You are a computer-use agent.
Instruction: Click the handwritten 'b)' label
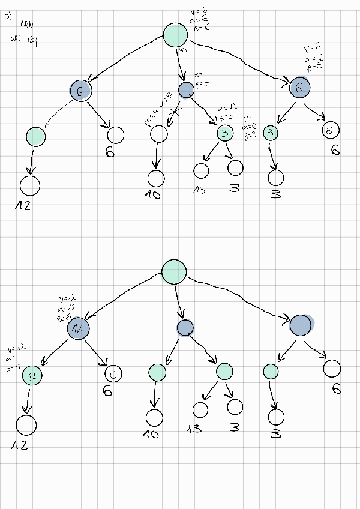click(x=8, y=17)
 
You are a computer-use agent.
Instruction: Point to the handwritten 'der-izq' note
click(x=24, y=40)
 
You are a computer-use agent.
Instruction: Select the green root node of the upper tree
click(x=176, y=35)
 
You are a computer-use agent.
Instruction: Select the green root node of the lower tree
click(x=174, y=272)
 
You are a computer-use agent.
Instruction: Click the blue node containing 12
click(x=78, y=328)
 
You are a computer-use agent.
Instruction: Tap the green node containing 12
click(x=32, y=375)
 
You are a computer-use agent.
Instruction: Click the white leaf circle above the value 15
click(x=201, y=170)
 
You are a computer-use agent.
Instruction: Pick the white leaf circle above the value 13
click(x=200, y=409)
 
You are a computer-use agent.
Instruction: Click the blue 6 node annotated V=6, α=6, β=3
click(x=299, y=88)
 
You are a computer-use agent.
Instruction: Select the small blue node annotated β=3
click(x=187, y=90)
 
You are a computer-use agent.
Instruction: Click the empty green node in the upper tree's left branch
click(x=36, y=137)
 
